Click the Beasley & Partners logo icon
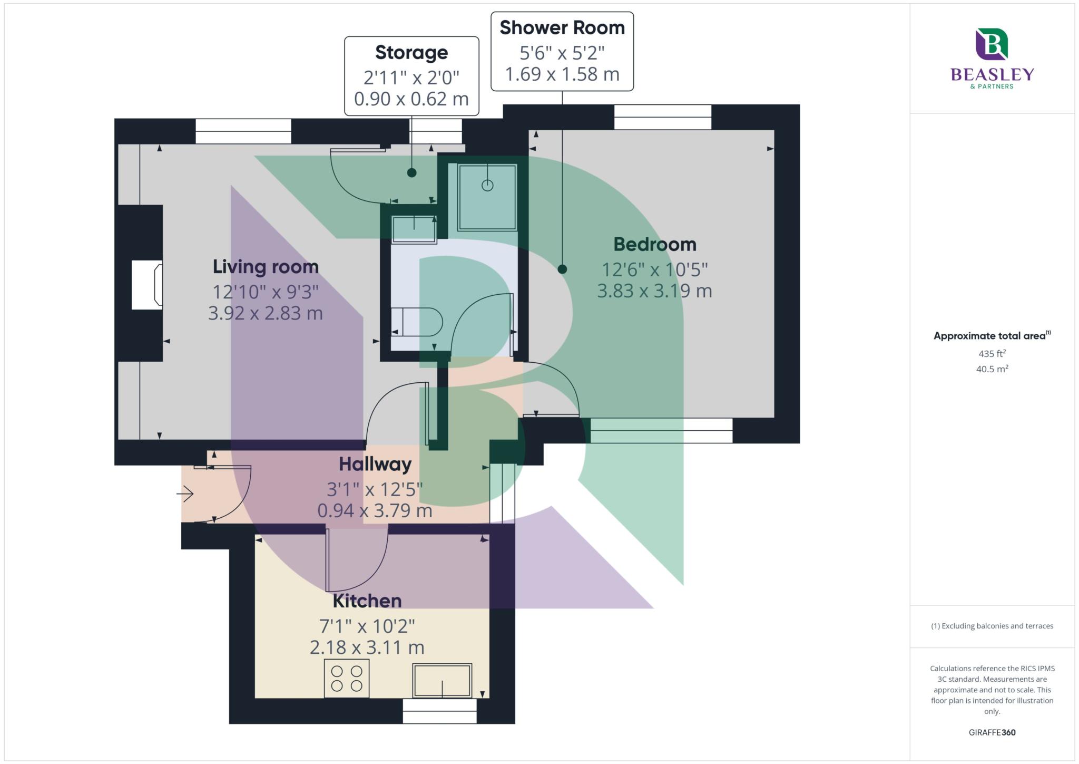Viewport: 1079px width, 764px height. pyautogui.click(x=992, y=44)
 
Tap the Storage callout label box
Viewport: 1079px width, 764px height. pyautogui.click(x=411, y=76)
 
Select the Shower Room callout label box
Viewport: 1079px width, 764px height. pyautogui.click(x=562, y=51)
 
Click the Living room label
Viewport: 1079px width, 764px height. pyautogui.click(x=266, y=267)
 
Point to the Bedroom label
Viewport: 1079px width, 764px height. pyautogui.click(x=655, y=244)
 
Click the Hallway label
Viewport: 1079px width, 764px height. pyautogui.click(x=375, y=464)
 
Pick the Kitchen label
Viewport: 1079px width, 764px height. pyautogui.click(x=367, y=601)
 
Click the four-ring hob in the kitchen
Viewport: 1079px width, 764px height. pyautogui.click(x=347, y=679)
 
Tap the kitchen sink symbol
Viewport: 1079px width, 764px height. pyautogui.click(x=442, y=681)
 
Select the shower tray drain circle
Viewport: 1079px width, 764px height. pyautogui.click(x=487, y=185)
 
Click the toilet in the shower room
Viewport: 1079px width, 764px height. pyautogui.click(x=417, y=322)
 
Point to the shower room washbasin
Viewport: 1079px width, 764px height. pyautogui.click(x=414, y=229)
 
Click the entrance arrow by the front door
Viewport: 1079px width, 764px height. pyautogui.click(x=185, y=494)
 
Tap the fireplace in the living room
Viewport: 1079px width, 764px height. pyautogui.click(x=147, y=285)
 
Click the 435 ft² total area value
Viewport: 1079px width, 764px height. pyautogui.click(x=992, y=353)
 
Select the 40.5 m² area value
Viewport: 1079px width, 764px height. pyautogui.click(x=992, y=369)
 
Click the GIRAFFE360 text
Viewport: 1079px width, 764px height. pyautogui.click(x=992, y=732)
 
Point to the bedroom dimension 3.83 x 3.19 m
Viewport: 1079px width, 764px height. pyautogui.click(x=655, y=291)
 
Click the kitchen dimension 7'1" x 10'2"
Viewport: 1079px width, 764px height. pyautogui.click(x=367, y=626)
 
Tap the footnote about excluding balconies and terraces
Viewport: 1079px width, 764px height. pyautogui.click(x=992, y=626)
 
